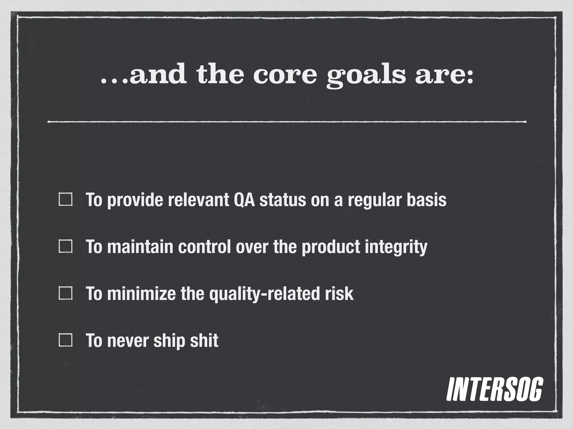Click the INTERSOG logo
(x=494, y=393)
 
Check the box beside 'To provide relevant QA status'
(x=65, y=199)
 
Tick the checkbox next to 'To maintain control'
(x=65, y=246)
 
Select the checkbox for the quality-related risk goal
(x=65, y=294)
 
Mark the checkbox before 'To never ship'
(x=65, y=340)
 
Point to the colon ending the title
(x=469, y=77)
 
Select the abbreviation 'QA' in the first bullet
(x=244, y=200)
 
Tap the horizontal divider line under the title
(x=286, y=122)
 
